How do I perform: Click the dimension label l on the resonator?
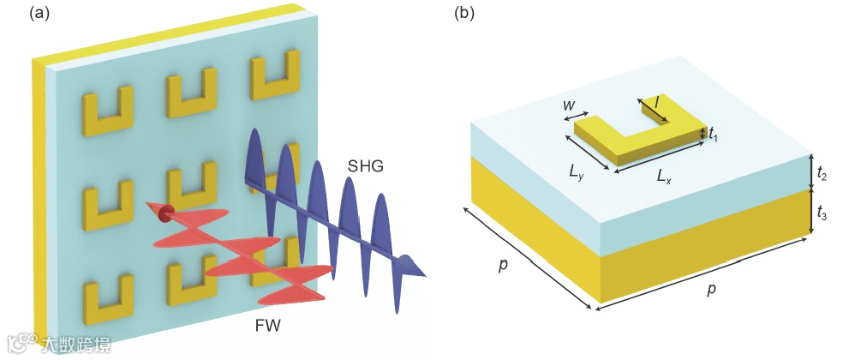pos(656,101)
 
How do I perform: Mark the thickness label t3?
pos(821,212)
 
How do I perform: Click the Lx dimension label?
pos(664,177)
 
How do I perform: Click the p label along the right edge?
pos(711,289)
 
